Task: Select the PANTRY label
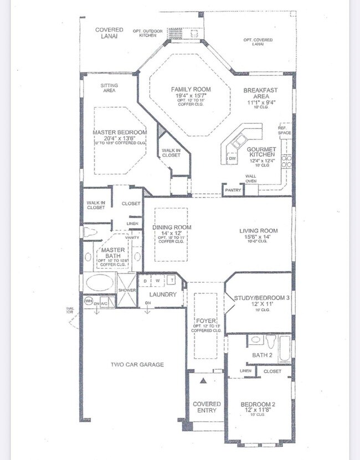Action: pos(232,190)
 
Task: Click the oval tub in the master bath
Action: pos(99,282)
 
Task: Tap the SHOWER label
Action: pos(127,290)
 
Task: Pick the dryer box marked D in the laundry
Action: pos(145,281)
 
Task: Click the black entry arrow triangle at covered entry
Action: pos(203,381)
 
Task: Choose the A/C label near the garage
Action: pos(104,304)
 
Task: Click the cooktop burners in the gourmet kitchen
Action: pos(287,161)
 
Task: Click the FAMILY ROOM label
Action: pos(190,89)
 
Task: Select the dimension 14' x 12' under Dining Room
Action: pos(172,234)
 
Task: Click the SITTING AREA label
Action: pos(109,88)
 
